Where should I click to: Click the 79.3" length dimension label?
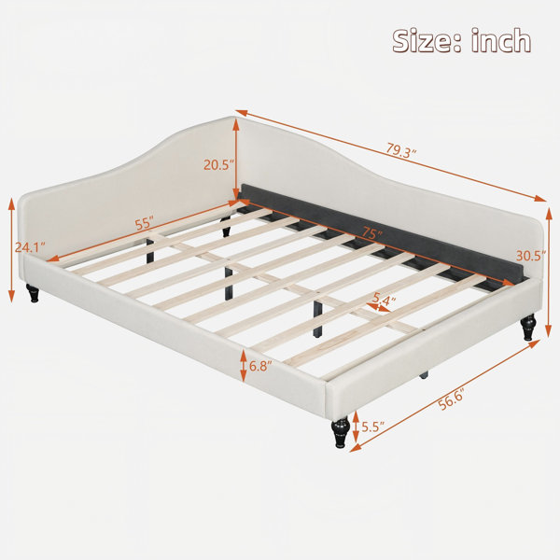401,150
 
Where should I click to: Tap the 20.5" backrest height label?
218,164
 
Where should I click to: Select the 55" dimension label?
145,223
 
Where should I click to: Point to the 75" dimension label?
371,233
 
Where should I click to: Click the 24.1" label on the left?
31,247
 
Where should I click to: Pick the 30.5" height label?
531,256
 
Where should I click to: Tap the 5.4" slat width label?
384,298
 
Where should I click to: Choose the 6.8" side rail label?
260,366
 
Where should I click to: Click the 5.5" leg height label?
372,427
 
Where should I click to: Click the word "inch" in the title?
500,41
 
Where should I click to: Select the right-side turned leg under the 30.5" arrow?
528,328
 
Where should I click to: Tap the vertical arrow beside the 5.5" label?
356,427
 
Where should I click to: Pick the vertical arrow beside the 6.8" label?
244,366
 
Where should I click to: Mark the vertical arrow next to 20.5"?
236,159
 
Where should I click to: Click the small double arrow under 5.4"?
377,307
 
